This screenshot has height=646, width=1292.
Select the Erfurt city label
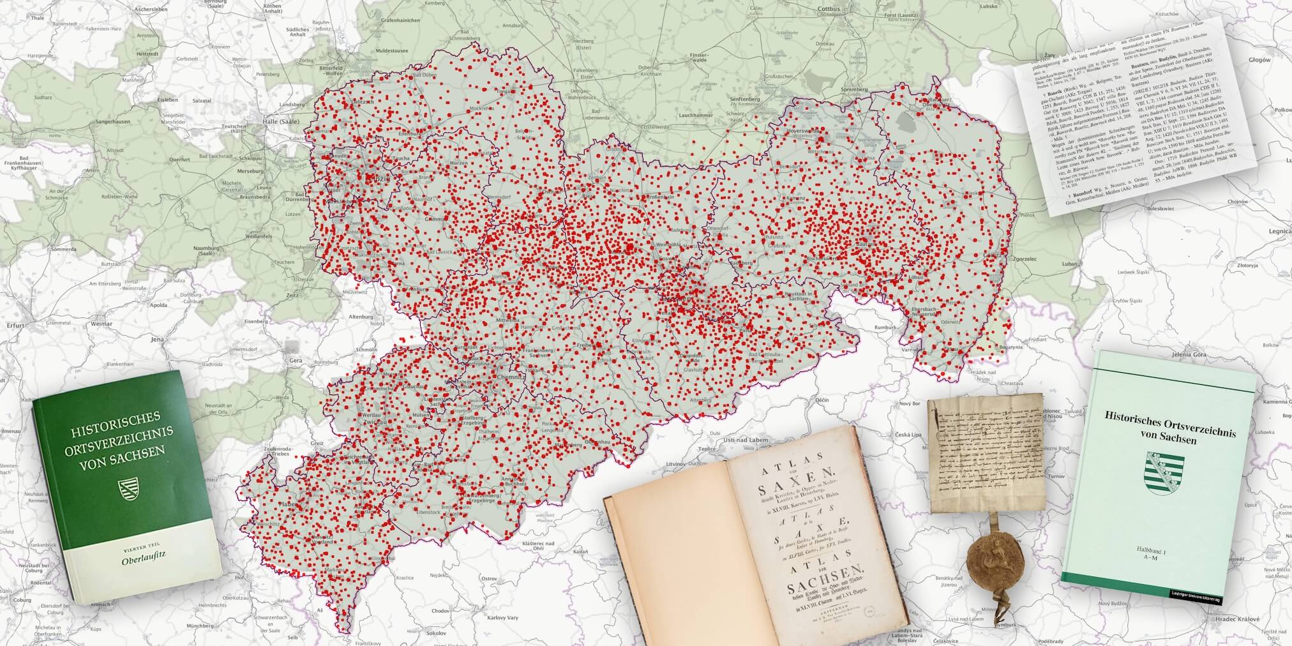14,325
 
